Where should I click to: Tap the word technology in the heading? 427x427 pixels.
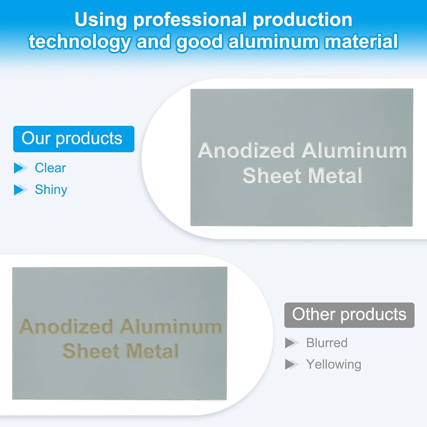pyautogui.click(x=79, y=42)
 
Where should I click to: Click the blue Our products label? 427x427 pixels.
pyautogui.click(x=74, y=139)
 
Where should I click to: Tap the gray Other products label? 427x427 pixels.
pyautogui.click(x=349, y=315)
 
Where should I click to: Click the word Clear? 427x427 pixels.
pyautogui.click(x=50, y=168)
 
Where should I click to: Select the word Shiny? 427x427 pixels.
pyautogui.click(x=51, y=190)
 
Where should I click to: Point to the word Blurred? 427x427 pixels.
pyautogui.click(x=327, y=343)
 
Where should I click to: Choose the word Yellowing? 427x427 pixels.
pyautogui.click(x=334, y=365)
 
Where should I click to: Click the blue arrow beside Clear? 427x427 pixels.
pyautogui.click(x=21, y=168)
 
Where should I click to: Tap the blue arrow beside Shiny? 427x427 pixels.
pyautogui.click(x=21, y=190)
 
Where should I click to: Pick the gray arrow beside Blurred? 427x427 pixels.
pyautogui.click(x=292, y=343)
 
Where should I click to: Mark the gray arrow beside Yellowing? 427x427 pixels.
pyautogui.click(x=292, y=365)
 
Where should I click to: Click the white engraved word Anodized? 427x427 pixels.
pyautogui.click(x=246, y=150)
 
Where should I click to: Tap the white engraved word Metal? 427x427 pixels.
pyautogui.click(x=335, y=176)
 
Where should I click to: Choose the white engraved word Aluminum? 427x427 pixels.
pyautogui.click(x=354, y=150)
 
